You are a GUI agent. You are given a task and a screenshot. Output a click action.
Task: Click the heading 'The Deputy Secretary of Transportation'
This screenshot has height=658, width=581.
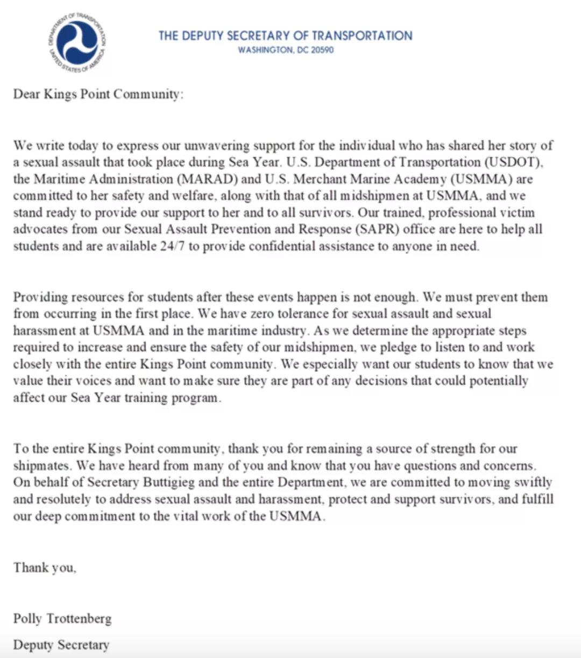pyautogui.click(x=285, y=36)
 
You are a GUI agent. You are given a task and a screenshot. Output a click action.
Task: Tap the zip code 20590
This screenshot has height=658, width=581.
pyautogui.click(x=322, y=50)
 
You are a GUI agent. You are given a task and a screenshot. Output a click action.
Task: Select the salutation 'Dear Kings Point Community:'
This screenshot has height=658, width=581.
pyautogui.click(x=98, y=94)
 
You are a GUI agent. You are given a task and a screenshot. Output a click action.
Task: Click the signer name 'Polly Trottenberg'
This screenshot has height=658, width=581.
pyautogui.click(x=62, y=618)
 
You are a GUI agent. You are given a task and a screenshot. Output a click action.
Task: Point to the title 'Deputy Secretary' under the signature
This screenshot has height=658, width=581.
pyautogui.click(x=61, y=645)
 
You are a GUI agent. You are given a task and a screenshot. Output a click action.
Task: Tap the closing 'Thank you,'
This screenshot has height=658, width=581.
pyautogui.click(x=45, y=568)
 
